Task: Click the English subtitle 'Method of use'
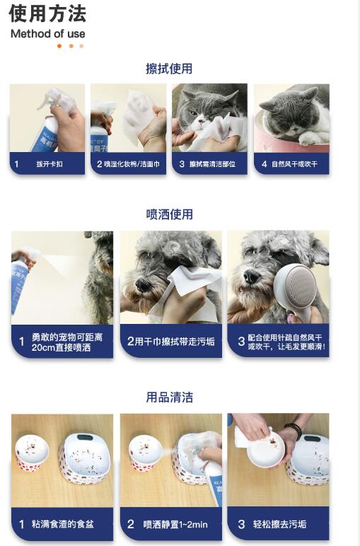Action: (47, 34)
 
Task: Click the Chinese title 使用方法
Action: (47, 14)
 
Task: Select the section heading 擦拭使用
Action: (169, 68)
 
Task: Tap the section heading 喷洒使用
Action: (169, 214)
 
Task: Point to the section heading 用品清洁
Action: (169, 397)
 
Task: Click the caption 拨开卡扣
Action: (50, 163)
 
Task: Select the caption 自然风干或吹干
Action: (294, 163)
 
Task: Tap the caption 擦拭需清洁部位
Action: (212, 163)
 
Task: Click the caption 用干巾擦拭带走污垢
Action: (175, 341)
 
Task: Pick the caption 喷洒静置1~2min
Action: (175, 524)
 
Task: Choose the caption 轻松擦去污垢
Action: (279, 524)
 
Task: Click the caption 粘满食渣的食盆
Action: (63, 524)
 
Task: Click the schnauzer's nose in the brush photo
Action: (251, 277)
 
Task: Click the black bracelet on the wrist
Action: (293, 430)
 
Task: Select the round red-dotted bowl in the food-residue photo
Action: (32, 452)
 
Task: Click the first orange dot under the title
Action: (59, 46)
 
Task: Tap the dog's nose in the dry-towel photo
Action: (143, 284)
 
